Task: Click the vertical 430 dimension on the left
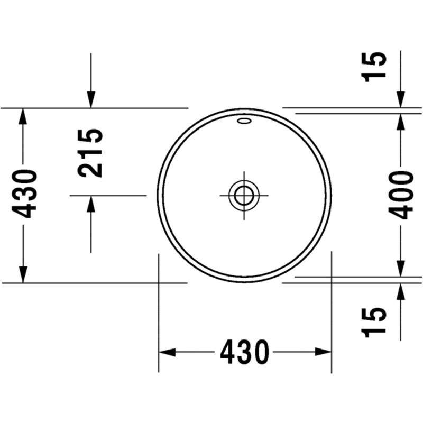tap(23, 194)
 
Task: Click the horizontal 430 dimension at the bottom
tap(245, 352)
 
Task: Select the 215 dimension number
tap(90, 153)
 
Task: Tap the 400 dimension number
tap(401, 195)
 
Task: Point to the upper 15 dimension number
tap(374, 67)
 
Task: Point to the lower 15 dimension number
tap(374, 323)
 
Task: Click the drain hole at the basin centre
tap(244, 195)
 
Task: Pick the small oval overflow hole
tap(244, 121)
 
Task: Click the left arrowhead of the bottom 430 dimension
tap(167, 352)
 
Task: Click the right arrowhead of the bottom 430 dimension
tap(323, 352)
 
